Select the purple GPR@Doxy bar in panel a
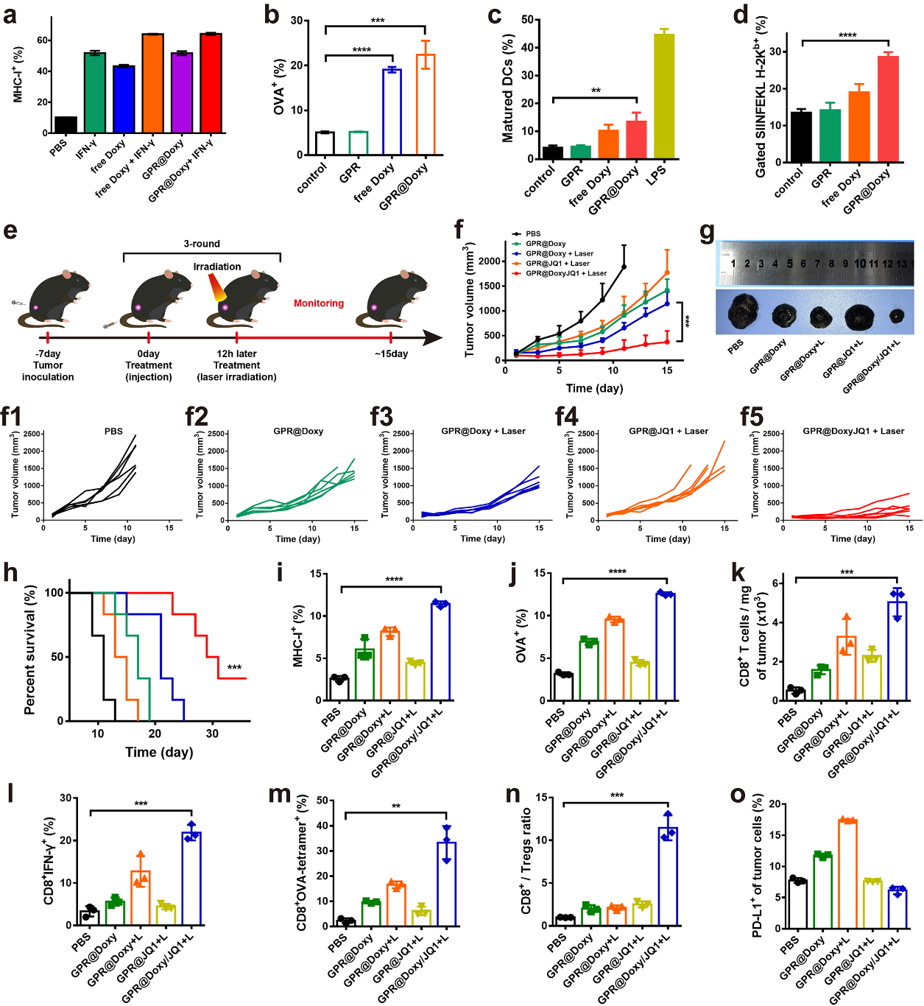point(182,93)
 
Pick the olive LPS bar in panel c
point(664,96)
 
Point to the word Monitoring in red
point(319,303)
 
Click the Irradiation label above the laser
point(217,267)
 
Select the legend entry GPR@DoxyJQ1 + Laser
point(565,273)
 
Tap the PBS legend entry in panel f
point(533,233)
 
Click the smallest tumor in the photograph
point(896,317)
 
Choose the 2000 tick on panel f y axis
point(489,261)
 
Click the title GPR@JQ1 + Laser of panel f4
point(669,431)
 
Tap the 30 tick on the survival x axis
point(212,734)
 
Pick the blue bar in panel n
point(668,876)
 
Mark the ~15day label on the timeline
point(391,353)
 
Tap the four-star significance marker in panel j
point(617,572)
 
